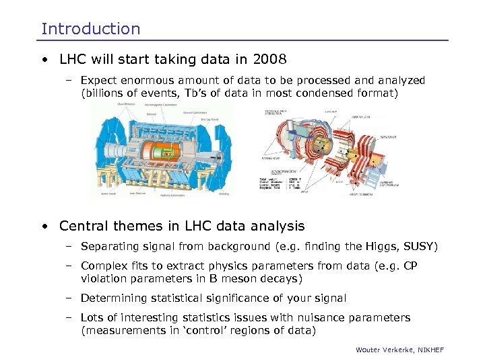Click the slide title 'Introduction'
91,29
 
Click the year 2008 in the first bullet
268,58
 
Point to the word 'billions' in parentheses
105,93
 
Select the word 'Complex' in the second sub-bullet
102,266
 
